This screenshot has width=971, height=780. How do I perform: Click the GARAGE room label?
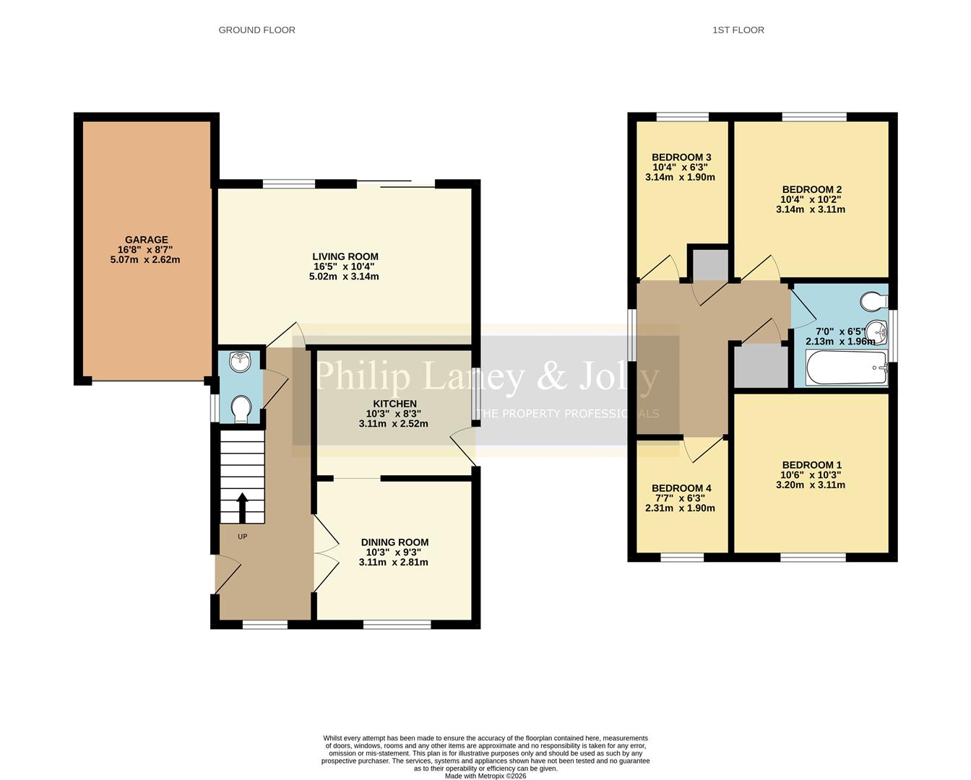146,240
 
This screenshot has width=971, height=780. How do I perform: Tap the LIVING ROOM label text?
345,256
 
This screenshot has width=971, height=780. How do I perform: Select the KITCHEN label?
394,404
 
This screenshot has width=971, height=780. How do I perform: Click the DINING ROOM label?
394,542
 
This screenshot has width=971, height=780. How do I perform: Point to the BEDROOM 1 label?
811,465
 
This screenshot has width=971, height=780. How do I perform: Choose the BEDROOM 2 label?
811,190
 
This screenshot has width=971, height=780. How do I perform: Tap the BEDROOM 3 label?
681,157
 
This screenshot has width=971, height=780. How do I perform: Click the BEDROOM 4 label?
681,488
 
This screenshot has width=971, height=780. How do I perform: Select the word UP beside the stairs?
243,537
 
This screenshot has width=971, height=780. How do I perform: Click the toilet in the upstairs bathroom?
873,300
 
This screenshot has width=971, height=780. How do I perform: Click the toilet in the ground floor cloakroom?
241,409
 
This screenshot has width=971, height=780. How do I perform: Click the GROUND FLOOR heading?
256,30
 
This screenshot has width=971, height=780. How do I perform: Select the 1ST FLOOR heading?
738,30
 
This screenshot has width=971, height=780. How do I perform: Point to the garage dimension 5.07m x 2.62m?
145,259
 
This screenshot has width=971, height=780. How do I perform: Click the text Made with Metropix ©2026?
485,776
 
